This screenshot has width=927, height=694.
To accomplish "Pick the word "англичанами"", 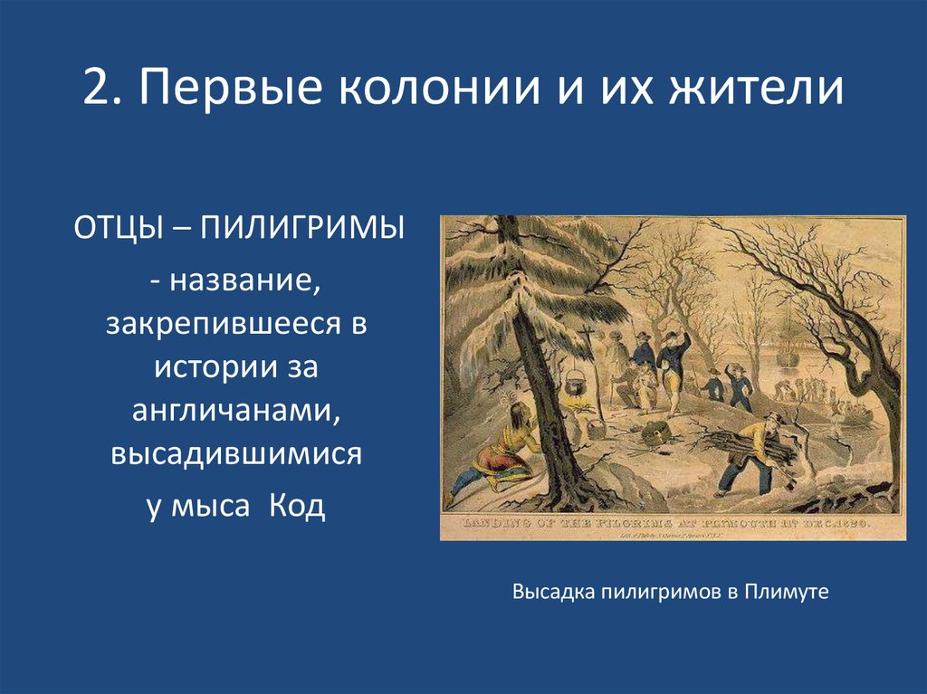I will click(236, 411).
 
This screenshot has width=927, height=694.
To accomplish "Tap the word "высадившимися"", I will click(236, 455).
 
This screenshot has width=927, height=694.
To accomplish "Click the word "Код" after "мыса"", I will click(297, 506).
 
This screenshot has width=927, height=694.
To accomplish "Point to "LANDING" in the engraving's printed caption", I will click(492, 524).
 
